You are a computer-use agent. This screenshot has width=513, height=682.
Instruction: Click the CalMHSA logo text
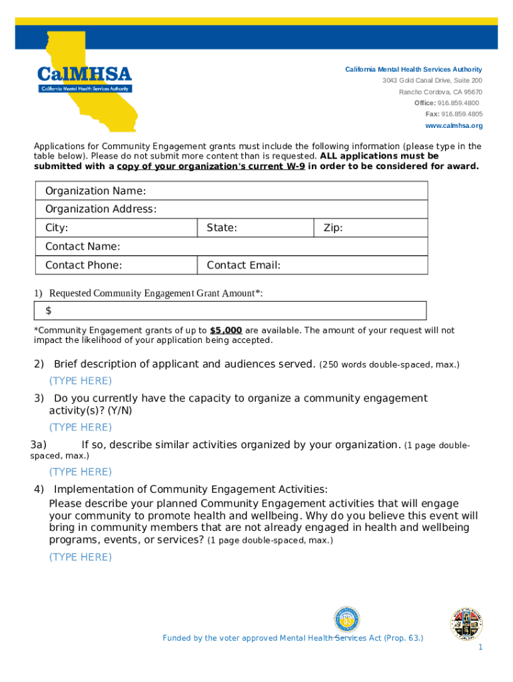click(85, 74)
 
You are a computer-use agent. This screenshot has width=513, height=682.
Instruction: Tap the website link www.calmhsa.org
click(454, 125)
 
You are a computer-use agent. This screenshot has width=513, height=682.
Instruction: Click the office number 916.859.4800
click(458, 103)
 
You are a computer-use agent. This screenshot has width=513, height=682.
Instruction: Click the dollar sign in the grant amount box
click(49, 311)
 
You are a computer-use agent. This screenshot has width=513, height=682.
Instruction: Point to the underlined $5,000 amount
click(226, 330)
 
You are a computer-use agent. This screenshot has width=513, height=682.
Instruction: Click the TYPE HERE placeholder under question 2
click(80, 381)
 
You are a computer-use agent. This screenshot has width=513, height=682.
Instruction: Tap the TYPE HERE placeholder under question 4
click(80, 557)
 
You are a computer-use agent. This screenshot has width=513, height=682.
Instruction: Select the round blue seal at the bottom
click(346, 620)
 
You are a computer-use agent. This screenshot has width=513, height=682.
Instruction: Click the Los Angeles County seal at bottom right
click(466, 623)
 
